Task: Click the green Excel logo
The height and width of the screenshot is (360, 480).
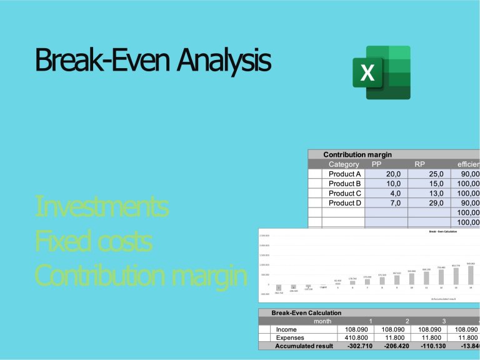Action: click(x=380, y=72)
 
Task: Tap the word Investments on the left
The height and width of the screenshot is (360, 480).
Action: click(x=102, y=206)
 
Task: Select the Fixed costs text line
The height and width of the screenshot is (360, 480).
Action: click(x=94, y=241)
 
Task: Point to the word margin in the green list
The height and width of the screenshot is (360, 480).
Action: click(x=206, y=276)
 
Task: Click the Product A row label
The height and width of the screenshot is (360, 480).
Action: click(x=345, y=174)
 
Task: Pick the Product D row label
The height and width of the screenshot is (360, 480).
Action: click(x=345, y=203)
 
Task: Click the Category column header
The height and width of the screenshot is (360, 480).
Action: click(x=344, y=164)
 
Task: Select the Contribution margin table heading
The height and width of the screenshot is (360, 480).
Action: click(x=356, y=154)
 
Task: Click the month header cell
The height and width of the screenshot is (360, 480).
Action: click(x=322, y=320)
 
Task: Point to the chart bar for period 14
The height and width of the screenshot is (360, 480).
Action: click(x=472, y=276)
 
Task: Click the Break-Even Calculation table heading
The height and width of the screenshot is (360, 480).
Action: click(x=307, y=312)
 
